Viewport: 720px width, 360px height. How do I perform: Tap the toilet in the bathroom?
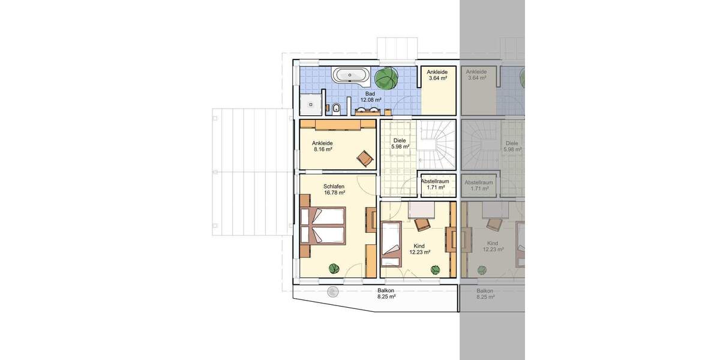pyautogui.click(x=337, y=109)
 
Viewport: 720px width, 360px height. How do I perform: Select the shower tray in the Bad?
pyautogui.click(x=311, y=103)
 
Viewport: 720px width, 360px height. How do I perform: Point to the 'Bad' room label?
pyautogui.click(x=370, y=94)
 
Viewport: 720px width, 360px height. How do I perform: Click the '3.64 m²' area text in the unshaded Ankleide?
pyautogui.click(x=437, y=78)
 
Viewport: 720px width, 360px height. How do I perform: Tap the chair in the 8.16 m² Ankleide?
pyautogui.click(x=364, y=158)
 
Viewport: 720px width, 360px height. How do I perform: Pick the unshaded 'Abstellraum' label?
pyautogui.click(x=436, y=181)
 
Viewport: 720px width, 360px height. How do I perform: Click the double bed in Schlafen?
pyautogui.click(x=324, y=226)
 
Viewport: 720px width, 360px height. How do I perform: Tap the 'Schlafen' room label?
pyautogui.click(x=334, y=186)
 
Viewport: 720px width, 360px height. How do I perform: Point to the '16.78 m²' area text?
pyautogui.click(x=334, y=193)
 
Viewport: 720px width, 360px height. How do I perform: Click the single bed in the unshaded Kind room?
pyautogui.click(x=391, y=242)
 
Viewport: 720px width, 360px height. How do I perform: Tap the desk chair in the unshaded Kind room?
pyautogui.click(x=422, y=224)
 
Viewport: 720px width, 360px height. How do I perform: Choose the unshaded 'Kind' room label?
pyautogui.click(x=419, y=246)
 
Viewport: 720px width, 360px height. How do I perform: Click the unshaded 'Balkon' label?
pyautogui.click(x=386, y=290)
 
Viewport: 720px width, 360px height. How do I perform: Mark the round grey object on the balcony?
pyautogui.click(x=332, y=292)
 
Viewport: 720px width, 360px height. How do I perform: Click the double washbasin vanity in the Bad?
pyautogui.click(x=367, y=110)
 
